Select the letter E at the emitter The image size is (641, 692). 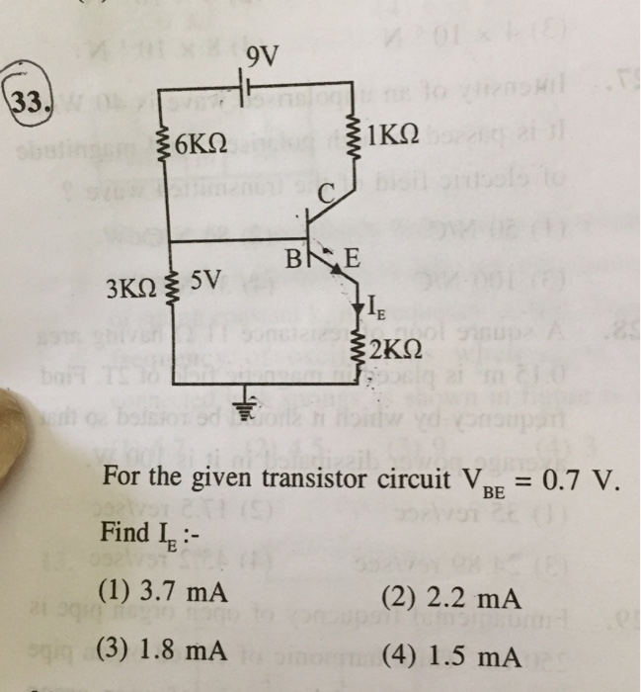coord(353,261)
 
